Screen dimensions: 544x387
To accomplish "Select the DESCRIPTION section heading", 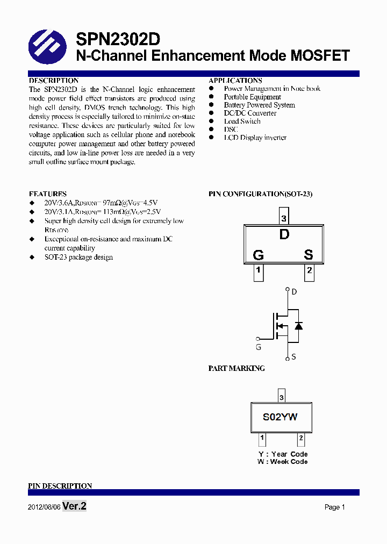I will [54, 81].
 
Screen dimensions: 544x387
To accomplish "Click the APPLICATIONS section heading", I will [235, 81].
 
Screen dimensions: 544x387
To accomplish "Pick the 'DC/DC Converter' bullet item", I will [250, 113].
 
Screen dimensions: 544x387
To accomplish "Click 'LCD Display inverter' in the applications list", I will [255, 138].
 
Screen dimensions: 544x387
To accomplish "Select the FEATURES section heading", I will [48, 194].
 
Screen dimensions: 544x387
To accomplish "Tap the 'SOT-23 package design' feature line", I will [78, 257].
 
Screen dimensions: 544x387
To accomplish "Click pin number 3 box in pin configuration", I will [284, 219].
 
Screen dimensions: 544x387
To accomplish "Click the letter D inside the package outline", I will [284, 234].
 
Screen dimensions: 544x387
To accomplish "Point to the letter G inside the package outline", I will [258, 255].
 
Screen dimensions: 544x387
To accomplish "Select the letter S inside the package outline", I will [309, 255].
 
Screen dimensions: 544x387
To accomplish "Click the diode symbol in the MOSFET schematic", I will [298, 326].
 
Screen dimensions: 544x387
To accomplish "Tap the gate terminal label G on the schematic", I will [259, 347].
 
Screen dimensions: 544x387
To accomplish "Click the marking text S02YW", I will [280, 417].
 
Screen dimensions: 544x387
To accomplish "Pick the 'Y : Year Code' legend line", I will [282, 454].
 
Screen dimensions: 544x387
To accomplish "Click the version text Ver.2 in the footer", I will [74, 506].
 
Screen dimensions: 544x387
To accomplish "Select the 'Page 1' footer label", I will [334, 507].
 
